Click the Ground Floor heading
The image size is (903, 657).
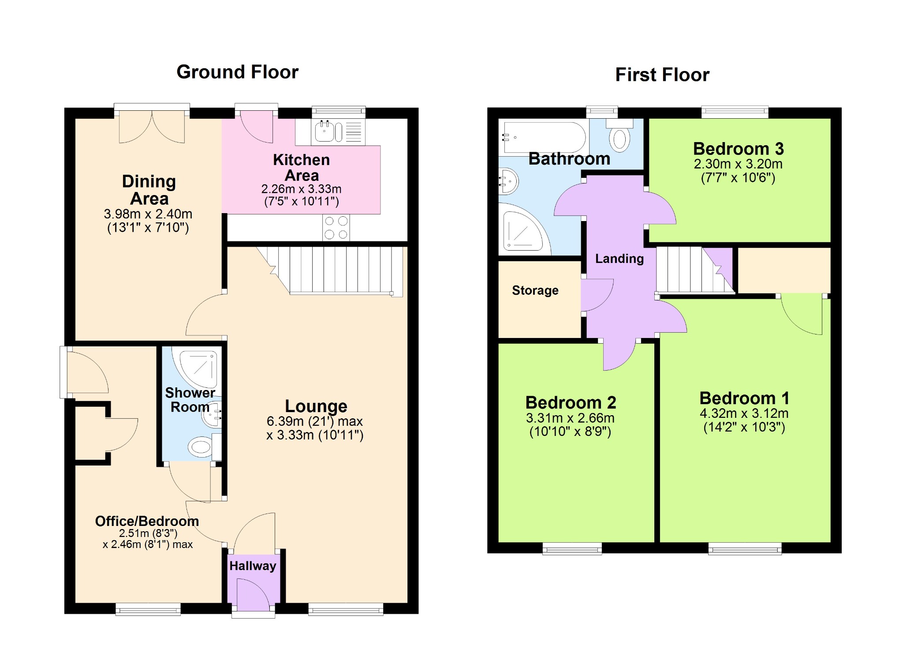[x=237, y=72]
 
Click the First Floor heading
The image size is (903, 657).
[x=662, y=75]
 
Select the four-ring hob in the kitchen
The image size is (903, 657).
[x=336, y=228]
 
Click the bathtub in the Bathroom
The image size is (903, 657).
[x=543, y=137]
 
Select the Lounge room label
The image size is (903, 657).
[x=316, y=405]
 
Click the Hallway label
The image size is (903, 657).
[x=253, y=566]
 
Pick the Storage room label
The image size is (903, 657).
[x=535, y=290]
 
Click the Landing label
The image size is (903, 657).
[x=619, y=259]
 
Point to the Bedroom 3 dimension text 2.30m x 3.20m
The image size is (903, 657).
[x=738, y=164]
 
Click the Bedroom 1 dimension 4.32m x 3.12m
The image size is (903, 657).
[x=744, y=413]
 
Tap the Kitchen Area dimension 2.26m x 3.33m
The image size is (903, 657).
[x=301, y=189]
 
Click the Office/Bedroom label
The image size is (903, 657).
[x=147, y=521]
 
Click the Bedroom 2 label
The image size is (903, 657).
[x=571, y=402]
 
